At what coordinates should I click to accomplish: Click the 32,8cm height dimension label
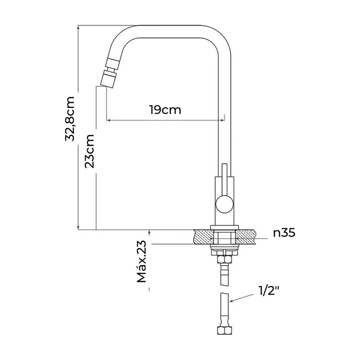(x=70, y=118)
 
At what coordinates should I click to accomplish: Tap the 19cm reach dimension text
(x=165, y=110)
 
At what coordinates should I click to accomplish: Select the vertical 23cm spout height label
(x=90, y=151)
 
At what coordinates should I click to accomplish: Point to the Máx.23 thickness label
(x=141, y=261)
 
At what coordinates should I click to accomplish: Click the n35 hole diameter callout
(x=284, y=233)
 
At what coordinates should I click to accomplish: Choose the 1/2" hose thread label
(x=269, y=291)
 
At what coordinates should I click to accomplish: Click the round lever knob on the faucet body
(x=224, y=204)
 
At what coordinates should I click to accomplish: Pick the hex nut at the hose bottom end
(x=224, y=330)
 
